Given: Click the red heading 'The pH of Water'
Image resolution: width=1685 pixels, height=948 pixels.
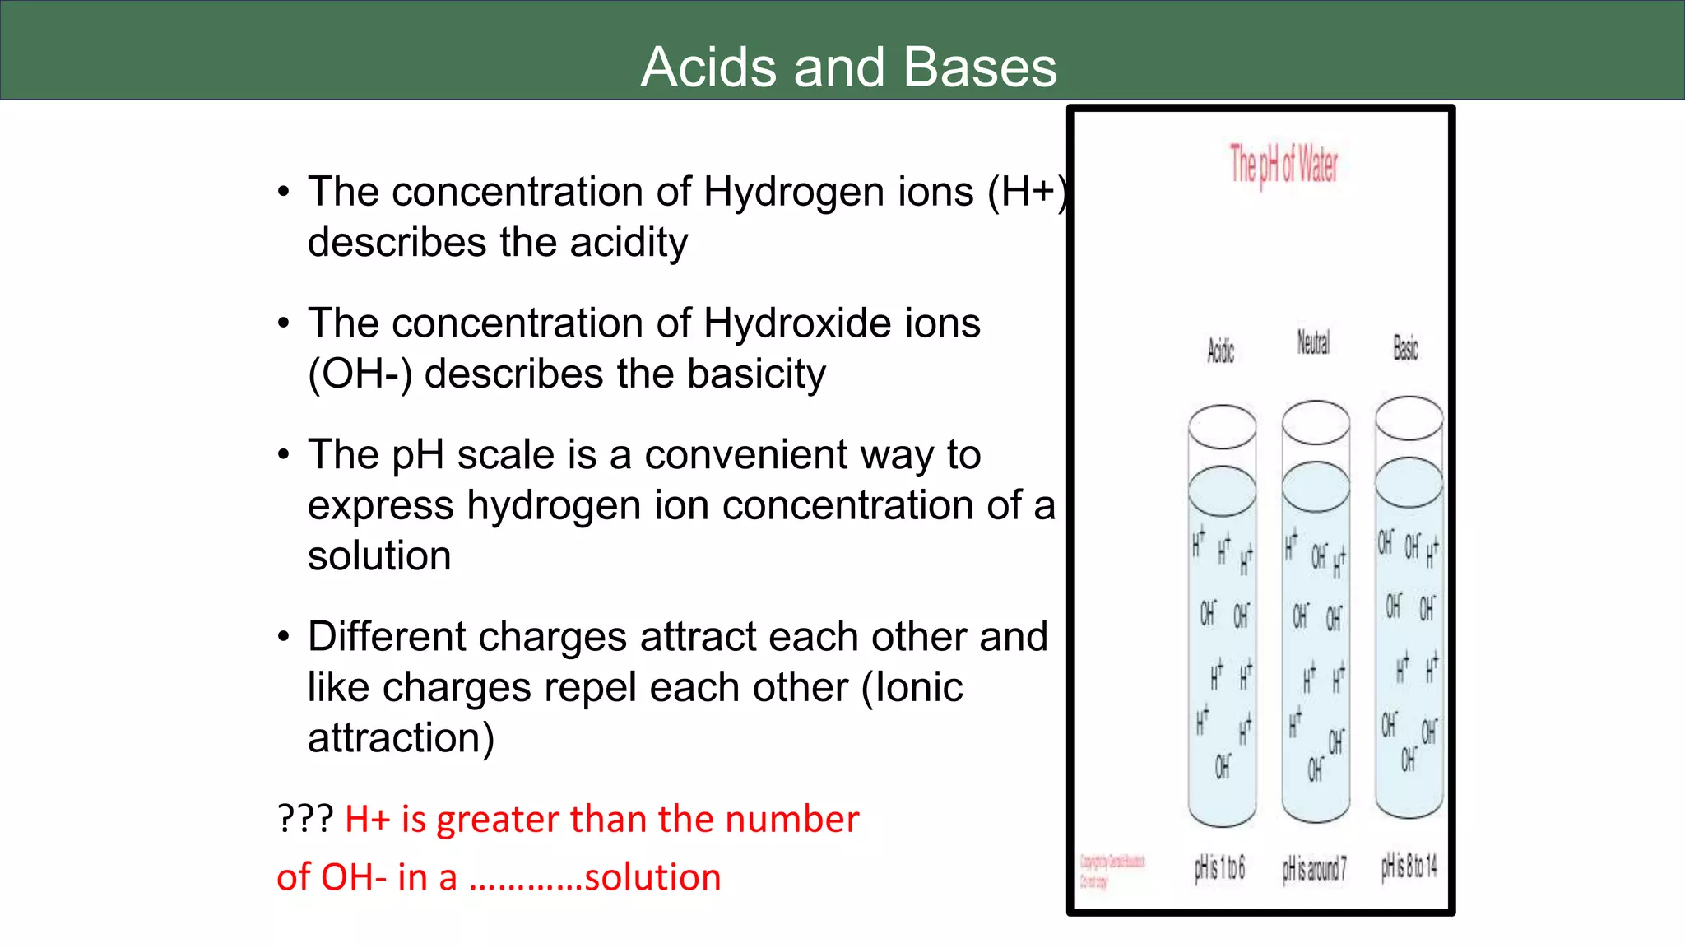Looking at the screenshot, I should click(1283, 165).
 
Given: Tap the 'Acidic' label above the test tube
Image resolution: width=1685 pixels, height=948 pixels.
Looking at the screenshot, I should click(1221, 351).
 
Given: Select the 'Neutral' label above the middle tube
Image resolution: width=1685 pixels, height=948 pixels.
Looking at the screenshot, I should click(1313, 342).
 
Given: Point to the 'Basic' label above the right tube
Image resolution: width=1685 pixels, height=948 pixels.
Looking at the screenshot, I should click(1405, 347).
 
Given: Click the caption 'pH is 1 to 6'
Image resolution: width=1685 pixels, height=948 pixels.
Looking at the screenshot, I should click(1220, 867).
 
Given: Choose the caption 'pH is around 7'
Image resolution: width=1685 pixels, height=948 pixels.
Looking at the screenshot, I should click(1314, 868).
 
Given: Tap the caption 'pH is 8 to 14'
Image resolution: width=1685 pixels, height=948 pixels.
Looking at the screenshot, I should click(1409, 866).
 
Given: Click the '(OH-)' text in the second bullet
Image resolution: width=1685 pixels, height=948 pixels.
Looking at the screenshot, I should click(360, 374).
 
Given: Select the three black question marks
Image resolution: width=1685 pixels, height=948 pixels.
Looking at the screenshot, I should click(305, 819).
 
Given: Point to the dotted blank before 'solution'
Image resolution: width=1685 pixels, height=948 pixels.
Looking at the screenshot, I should click(526, 879).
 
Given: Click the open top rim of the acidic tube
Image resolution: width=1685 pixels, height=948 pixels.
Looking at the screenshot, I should click(1223, 426).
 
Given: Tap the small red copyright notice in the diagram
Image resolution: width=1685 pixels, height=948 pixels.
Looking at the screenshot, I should click(1112, 871).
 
